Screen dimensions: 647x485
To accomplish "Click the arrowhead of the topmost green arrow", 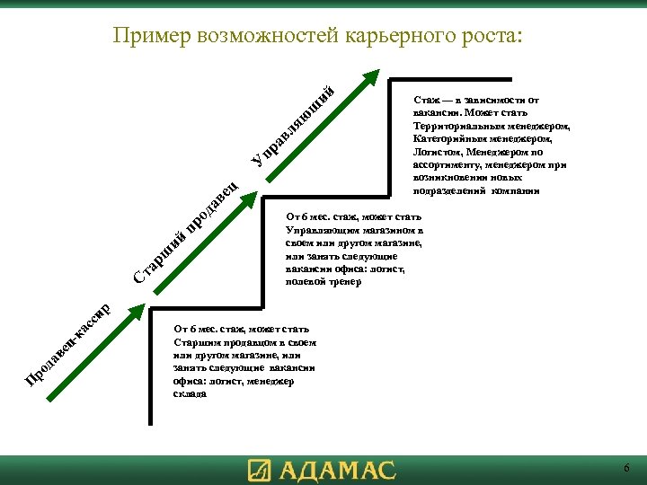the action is (370, 77).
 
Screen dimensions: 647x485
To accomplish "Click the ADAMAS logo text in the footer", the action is (337, 471).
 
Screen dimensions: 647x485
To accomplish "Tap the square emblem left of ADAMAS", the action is (259, 471).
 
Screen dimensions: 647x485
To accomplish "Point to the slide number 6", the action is (626, 469).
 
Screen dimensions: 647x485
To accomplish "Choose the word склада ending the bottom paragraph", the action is (191, 393).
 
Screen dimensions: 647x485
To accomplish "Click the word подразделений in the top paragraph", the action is (449, 190).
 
